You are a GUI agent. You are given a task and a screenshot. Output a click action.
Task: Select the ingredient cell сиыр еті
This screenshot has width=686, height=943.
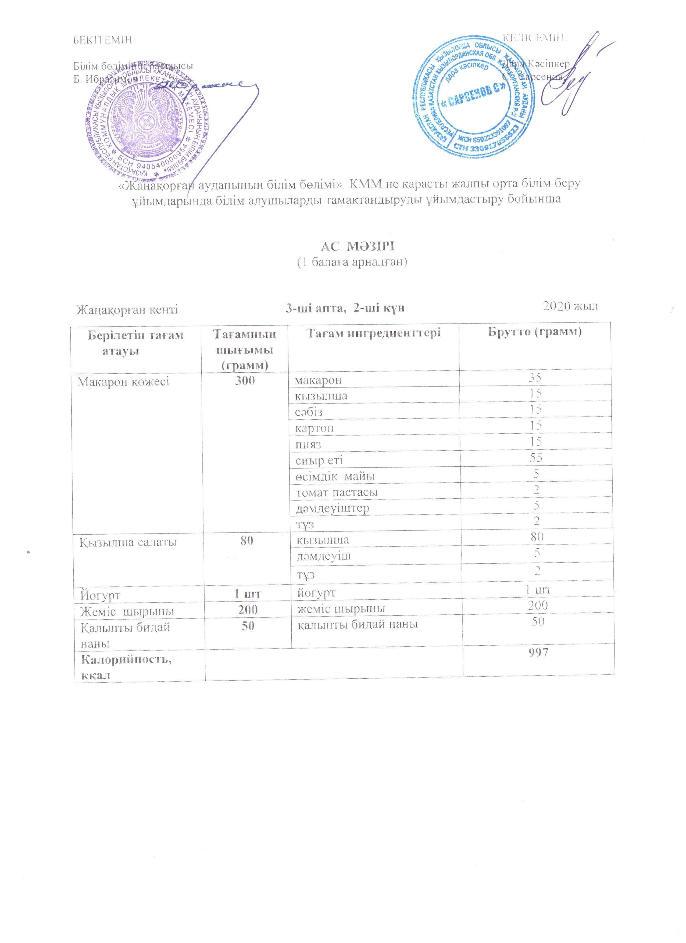point(319,460)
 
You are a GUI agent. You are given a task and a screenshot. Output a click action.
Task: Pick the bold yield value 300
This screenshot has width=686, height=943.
point(245,380)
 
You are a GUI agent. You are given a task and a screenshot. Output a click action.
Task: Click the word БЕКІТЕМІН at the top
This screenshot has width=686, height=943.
point(104,40)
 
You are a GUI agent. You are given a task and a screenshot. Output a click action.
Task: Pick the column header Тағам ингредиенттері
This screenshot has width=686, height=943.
point(373,333)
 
